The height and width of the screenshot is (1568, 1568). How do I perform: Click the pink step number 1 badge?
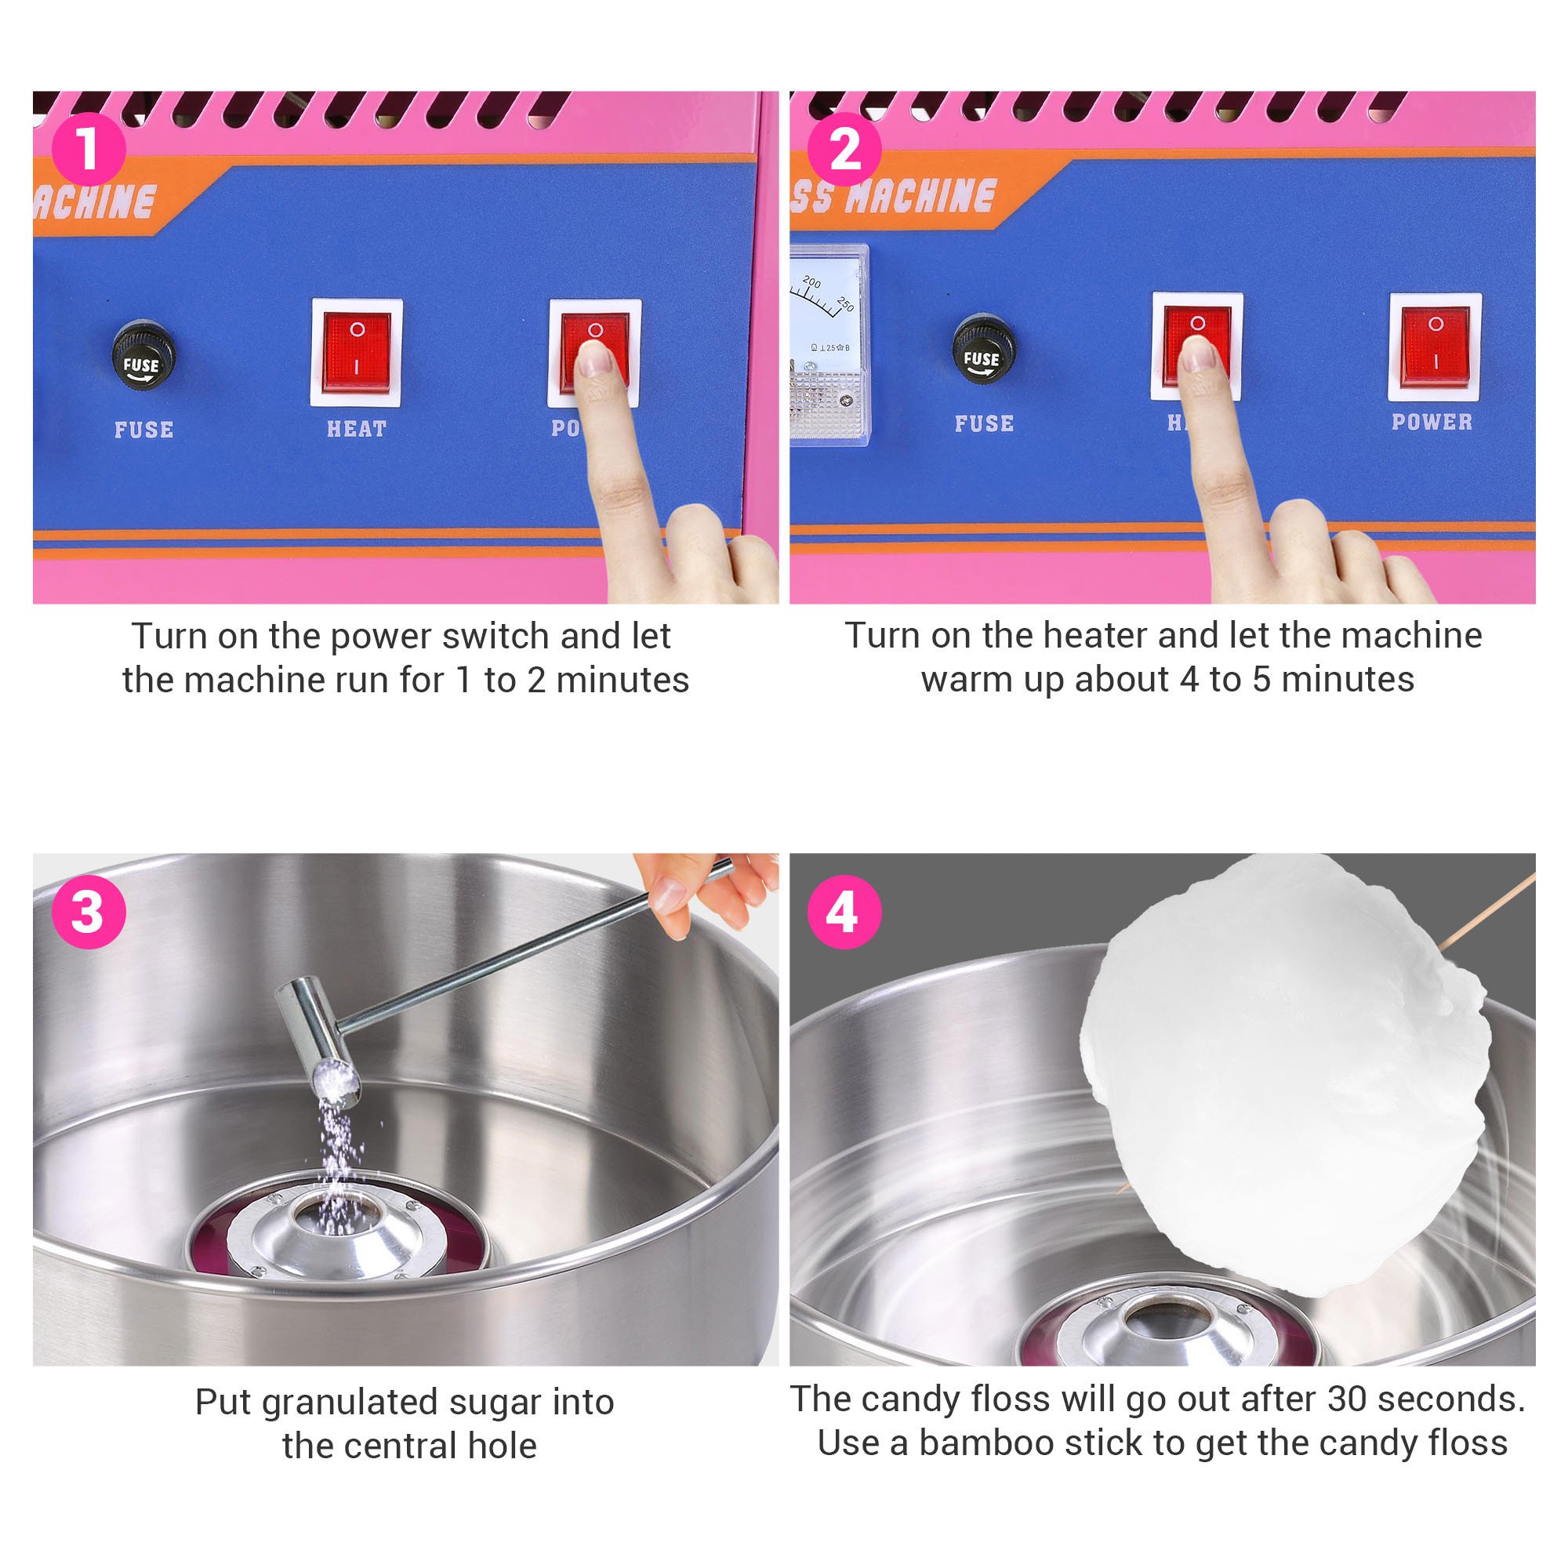[x=89, y=149]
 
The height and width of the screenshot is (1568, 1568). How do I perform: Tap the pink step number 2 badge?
[x=844, y=149]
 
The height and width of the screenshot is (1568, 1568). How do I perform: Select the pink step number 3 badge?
[x=89, y=912]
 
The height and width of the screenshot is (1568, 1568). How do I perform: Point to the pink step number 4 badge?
[x=844, y=912]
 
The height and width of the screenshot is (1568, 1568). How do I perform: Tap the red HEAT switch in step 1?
[x=356, y=353]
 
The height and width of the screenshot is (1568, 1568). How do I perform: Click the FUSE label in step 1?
[x=143, y=430]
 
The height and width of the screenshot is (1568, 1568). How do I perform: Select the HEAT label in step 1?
[x=356, y=429]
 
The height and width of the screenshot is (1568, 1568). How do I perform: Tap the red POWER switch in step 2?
[x=1435, y=347]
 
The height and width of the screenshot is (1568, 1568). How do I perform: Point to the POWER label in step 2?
[x=1432, y=422]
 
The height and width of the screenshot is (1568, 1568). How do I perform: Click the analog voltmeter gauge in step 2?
[x=829, y=345]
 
